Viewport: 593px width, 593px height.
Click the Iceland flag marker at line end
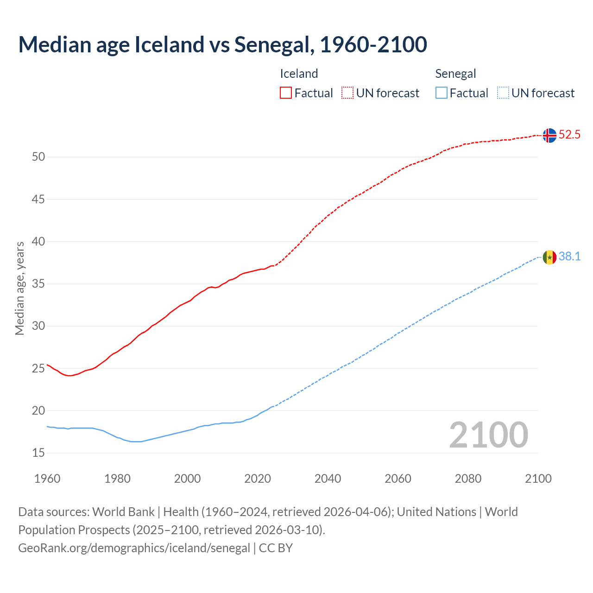point(549,135)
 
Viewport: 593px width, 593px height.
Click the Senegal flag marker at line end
point(549,257)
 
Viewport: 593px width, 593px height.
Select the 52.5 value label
point(569,135)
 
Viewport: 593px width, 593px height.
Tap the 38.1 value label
point(569,257)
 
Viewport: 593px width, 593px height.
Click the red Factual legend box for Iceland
point(286,93)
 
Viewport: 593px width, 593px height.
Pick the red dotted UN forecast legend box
point(347,93)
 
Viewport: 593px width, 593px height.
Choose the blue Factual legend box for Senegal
point(441,93)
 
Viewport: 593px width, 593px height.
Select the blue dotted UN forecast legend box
point(503,93)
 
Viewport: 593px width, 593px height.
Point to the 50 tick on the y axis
point(38,157)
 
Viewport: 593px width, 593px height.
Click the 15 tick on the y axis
point(38,453)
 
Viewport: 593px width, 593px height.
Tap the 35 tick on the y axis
point(38,284)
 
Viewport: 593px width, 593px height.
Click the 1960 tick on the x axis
point(47,479)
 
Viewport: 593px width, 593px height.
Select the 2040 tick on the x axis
point(328,479)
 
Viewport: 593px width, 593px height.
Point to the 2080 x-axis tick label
point(468,479)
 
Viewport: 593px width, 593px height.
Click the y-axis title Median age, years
point(19,288)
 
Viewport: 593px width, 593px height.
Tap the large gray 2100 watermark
point(488,435)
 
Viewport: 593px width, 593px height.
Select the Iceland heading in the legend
point(299,74)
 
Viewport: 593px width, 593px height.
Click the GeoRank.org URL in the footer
point(134,548)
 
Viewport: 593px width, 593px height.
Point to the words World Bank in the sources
point(123,512)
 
